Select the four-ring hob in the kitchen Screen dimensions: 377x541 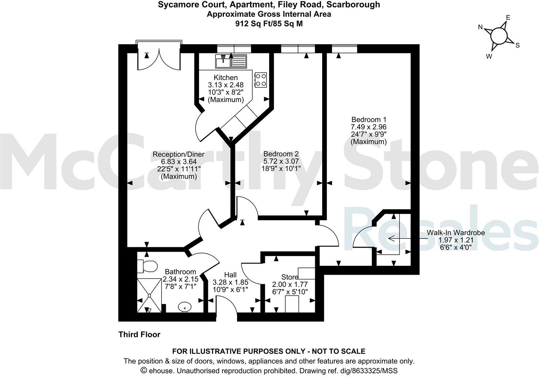261,80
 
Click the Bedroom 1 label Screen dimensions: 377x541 369,119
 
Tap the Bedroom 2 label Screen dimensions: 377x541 278,154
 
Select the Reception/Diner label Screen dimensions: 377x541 178,154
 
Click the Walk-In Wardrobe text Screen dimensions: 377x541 456,233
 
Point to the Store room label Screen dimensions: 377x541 290,277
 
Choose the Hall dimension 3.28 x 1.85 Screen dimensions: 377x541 231,282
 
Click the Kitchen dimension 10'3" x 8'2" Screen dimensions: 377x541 225,92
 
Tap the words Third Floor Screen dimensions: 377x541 139,334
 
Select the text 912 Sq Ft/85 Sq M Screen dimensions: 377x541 268,24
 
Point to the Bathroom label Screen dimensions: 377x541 180,272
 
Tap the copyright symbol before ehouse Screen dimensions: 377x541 144,370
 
